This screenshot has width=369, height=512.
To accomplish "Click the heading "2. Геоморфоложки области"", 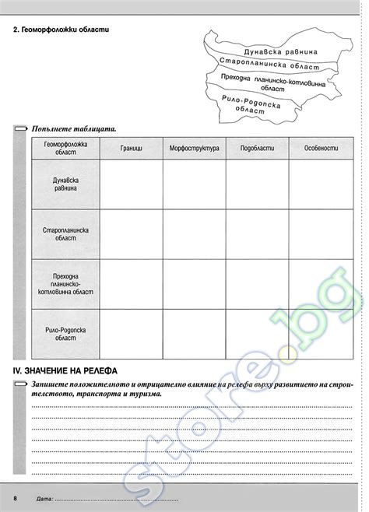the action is coord(61,30).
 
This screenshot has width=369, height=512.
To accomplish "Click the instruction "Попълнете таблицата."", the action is coord(74,128).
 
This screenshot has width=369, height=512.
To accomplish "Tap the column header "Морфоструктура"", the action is coord(194,148).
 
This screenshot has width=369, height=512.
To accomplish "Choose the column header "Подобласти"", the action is coord(257,148).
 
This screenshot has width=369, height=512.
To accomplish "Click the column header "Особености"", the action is coord(320,148).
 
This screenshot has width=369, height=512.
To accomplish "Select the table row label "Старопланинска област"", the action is coord(65,234).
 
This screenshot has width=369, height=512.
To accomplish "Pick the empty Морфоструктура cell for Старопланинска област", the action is coord(194,234).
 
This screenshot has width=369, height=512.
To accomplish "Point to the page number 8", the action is coord(15,496).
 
